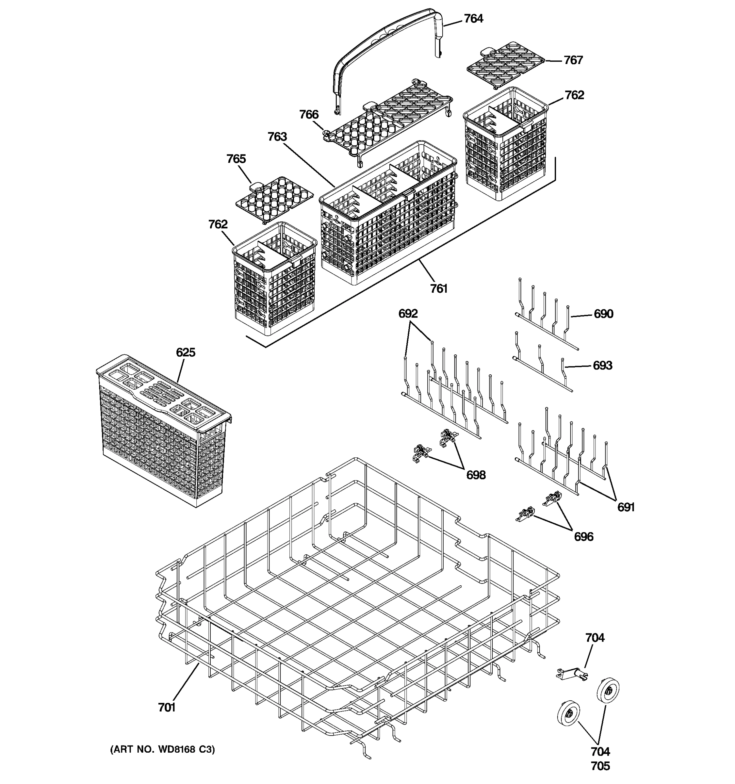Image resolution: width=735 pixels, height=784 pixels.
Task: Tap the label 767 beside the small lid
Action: click(573, 60)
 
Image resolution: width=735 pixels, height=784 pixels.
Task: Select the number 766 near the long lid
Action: click(309, 114)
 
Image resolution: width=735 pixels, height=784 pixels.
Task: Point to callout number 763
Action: click(277, 137)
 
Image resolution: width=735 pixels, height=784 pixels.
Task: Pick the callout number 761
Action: click(438, 289)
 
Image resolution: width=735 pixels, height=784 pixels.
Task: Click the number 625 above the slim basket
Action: click(185, 352)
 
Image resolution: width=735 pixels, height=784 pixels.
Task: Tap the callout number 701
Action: click(166, 708)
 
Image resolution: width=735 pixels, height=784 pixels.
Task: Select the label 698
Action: click(476, 475)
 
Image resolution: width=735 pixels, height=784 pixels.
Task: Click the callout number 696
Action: click(583, 536)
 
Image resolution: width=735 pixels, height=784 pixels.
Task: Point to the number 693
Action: click(602, 365)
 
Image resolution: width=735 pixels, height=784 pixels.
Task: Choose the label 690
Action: click(603, 314)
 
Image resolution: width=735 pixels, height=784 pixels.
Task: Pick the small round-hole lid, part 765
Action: click(274, 198)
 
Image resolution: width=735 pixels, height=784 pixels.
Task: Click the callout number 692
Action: click(408, 314)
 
